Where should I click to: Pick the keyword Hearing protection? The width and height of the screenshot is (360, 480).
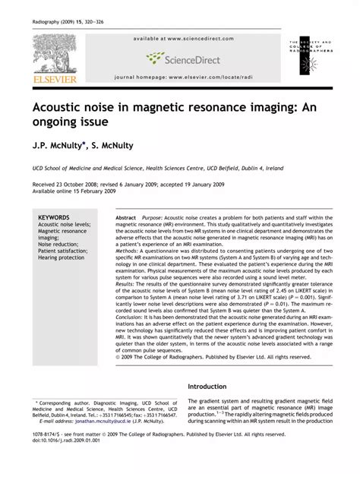(x=62, y=257)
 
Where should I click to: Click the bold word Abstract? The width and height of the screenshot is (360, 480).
(x=126, y=217)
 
